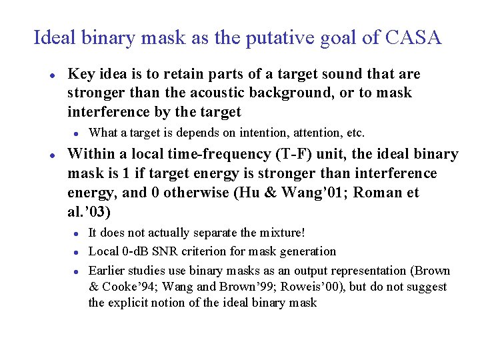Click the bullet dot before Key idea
click(x=51, y=75)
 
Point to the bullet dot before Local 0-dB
click(x=77, y=252)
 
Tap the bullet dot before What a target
click(x=77, y=133)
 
